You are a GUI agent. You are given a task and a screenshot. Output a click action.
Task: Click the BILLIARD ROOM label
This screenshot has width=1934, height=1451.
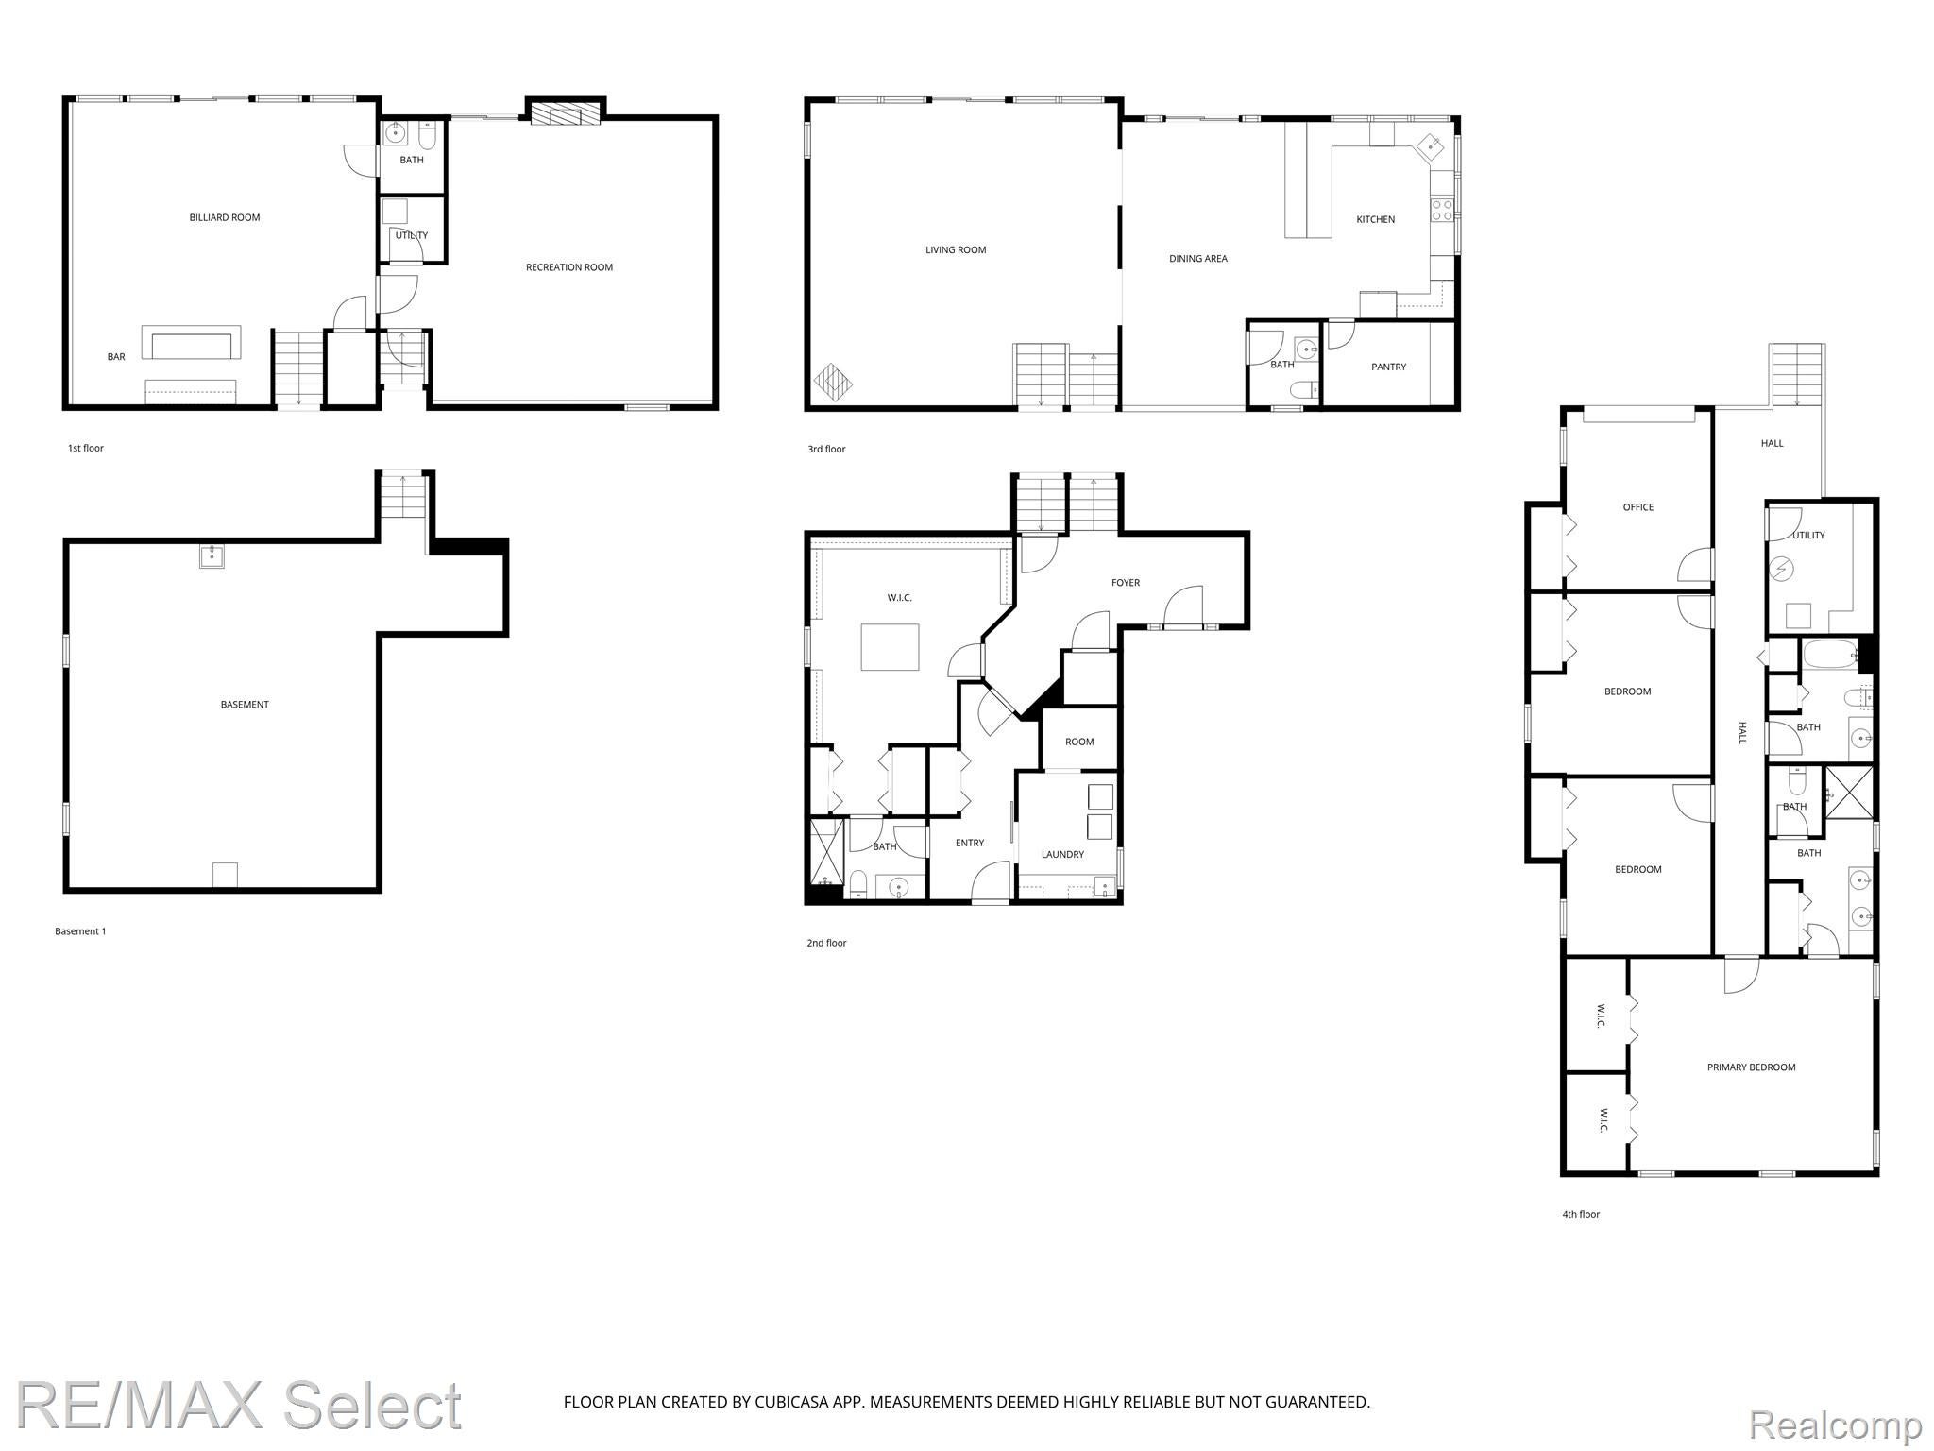(x=224, y=217)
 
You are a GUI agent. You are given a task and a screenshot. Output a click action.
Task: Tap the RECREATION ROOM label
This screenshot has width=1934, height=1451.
(x=568, y=267)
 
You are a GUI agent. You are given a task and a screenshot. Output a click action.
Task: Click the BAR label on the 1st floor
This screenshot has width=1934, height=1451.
(x=116, y=357)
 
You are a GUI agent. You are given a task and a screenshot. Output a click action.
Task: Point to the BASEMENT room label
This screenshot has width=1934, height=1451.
(x=245, y=705)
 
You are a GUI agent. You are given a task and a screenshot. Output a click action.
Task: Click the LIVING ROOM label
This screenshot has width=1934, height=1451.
(x=956, y=250)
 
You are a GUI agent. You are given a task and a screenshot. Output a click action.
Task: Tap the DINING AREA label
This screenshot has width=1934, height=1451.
(x=1197, y=259)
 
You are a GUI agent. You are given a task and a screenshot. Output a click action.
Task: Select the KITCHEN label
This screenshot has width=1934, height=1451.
(x=1375, y=219)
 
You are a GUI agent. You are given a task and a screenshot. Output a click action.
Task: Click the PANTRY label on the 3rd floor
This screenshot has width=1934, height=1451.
(x=1388, y=367)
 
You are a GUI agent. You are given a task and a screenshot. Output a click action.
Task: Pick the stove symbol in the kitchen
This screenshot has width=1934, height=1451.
(x=1441, y=209)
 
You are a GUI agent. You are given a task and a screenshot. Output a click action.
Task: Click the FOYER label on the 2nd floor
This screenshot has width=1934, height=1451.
(x=1125, y=583)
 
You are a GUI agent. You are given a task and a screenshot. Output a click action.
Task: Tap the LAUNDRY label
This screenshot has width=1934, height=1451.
(x=1062, y=854)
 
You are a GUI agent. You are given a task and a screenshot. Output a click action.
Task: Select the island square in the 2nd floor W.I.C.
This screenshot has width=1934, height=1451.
(x=890, y=647)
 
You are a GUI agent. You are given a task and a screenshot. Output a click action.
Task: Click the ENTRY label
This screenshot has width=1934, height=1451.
(x=969, y=843)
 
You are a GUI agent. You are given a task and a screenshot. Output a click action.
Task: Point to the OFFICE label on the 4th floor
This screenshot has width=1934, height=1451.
(x=1637, y=507)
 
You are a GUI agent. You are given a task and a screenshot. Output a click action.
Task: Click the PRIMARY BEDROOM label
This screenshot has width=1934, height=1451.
(x=1751, y=1067)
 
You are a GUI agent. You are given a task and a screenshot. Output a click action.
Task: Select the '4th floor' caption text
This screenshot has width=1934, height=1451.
(x=1581, y=1214)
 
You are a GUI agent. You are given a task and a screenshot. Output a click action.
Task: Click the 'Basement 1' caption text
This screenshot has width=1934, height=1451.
(x=80, y=931)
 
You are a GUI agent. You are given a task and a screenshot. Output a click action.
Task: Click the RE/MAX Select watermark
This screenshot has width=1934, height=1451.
(x=239, y=1405)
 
